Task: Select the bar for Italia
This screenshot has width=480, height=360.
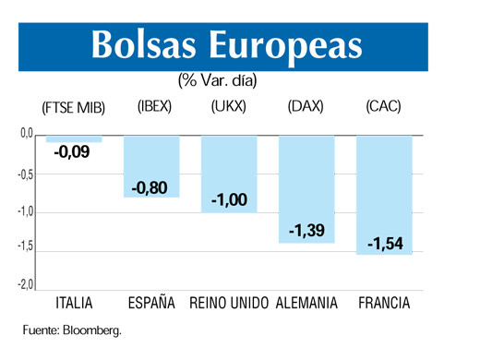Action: (74, 139)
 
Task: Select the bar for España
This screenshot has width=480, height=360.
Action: (151, 166)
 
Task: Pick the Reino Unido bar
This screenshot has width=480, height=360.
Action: (229, 174)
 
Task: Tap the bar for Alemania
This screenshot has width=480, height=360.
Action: (306, 189)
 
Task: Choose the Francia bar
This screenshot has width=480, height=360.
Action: (383, 195)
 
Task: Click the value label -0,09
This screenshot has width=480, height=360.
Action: (72, 152)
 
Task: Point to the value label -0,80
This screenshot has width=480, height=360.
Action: (150, 188)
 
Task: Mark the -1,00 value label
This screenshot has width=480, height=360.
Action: (228, 200)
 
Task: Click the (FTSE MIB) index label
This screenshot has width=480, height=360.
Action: (74, 108)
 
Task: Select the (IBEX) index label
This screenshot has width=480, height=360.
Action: (154, 107)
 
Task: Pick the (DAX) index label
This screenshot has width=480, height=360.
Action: (306, 107)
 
